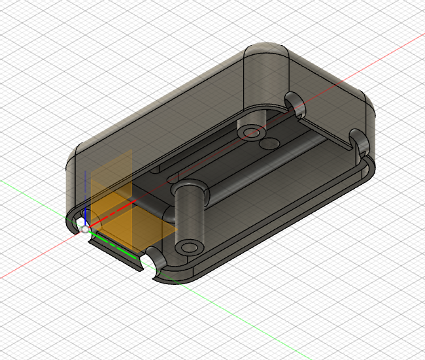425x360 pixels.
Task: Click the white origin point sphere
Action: (85, 229)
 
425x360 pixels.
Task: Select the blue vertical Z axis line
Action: (85, 196)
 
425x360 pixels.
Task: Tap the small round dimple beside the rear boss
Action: (269, 142)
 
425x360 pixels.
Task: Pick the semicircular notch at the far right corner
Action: (358, 141)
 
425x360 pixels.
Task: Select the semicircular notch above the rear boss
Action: (293, 101)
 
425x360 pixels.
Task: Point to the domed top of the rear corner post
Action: (266, 55)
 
